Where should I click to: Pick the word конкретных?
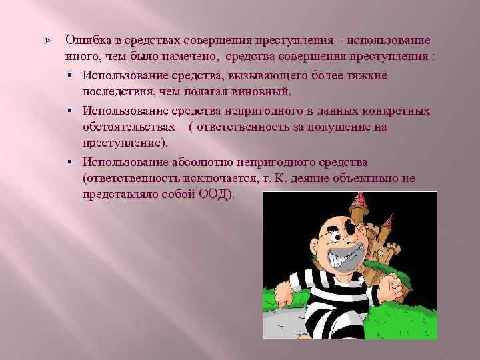(397, 110)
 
